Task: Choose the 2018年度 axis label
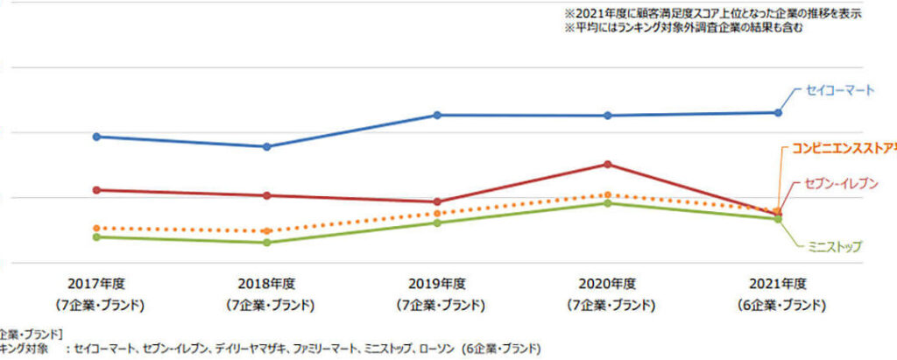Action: click(x=267, y=284)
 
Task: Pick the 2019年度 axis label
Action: click(x=437, y=284)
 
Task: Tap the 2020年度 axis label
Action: click(x=607, y=284)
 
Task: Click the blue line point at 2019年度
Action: click(x=437, y=115)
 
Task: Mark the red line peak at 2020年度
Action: click(x=607, y=164)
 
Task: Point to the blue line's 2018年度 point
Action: click(x=267, y=146)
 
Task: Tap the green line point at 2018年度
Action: click(x=267, y=242)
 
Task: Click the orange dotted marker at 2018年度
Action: click(x=267, y=231)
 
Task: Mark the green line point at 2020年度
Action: click(x=607, y=203)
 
